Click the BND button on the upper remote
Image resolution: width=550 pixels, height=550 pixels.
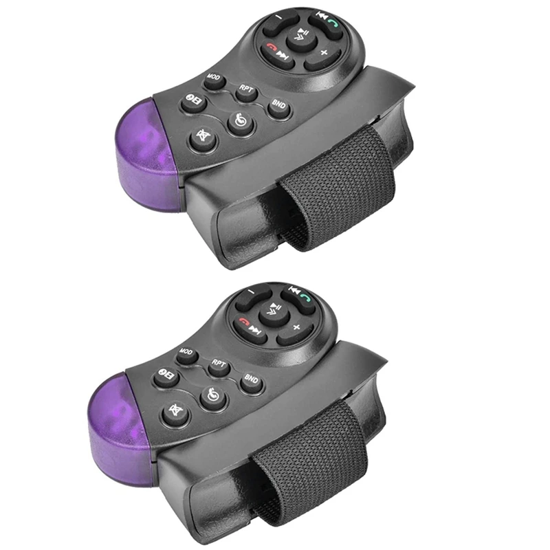tap(279, 109)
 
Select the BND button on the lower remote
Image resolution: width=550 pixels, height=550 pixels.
tap(252, 383)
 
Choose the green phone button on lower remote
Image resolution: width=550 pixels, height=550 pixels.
tap(305, 300)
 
